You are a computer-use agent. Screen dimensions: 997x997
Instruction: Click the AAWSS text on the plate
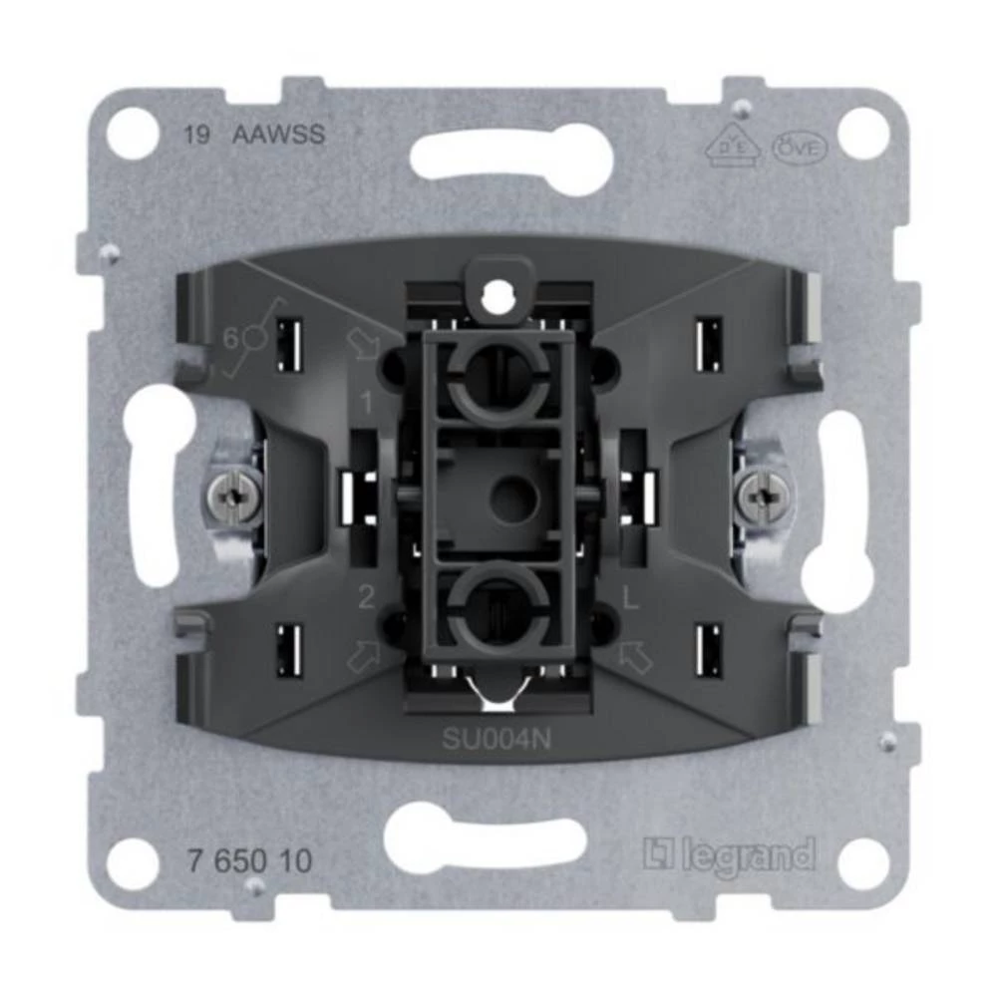278,136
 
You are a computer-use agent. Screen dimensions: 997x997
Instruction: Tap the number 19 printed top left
196,136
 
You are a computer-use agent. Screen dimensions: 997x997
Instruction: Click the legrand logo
728,855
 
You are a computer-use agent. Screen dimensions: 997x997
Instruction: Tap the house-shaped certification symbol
735,148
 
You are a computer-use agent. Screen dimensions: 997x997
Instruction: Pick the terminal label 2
366,598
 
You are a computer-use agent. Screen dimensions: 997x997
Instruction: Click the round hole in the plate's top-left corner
133,133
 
